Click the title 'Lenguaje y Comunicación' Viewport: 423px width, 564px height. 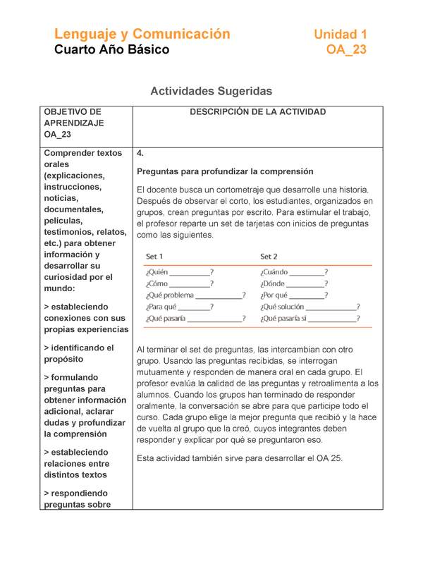point(142,34)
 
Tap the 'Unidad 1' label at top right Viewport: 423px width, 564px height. point(340,34)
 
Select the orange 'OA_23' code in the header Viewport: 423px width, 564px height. point(346,50)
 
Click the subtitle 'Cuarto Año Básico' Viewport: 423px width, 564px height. point(112,50)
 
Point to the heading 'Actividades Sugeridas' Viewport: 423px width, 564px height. point(211,91)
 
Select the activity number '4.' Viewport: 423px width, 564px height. point(140,153)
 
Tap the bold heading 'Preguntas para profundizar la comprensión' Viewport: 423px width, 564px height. point(224,171)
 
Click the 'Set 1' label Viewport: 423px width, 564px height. point(154,256)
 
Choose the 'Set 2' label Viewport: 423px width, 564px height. point(269,256)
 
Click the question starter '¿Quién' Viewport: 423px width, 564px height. point(157,272)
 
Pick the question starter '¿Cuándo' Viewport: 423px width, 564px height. point(274,272)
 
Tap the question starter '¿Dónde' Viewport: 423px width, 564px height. point(274,283)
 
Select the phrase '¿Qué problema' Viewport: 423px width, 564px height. point(169,295)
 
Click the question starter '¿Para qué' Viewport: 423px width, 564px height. point(161,307)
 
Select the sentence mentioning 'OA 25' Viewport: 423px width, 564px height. point(239,458)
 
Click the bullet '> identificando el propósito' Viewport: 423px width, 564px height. point(79,353)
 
